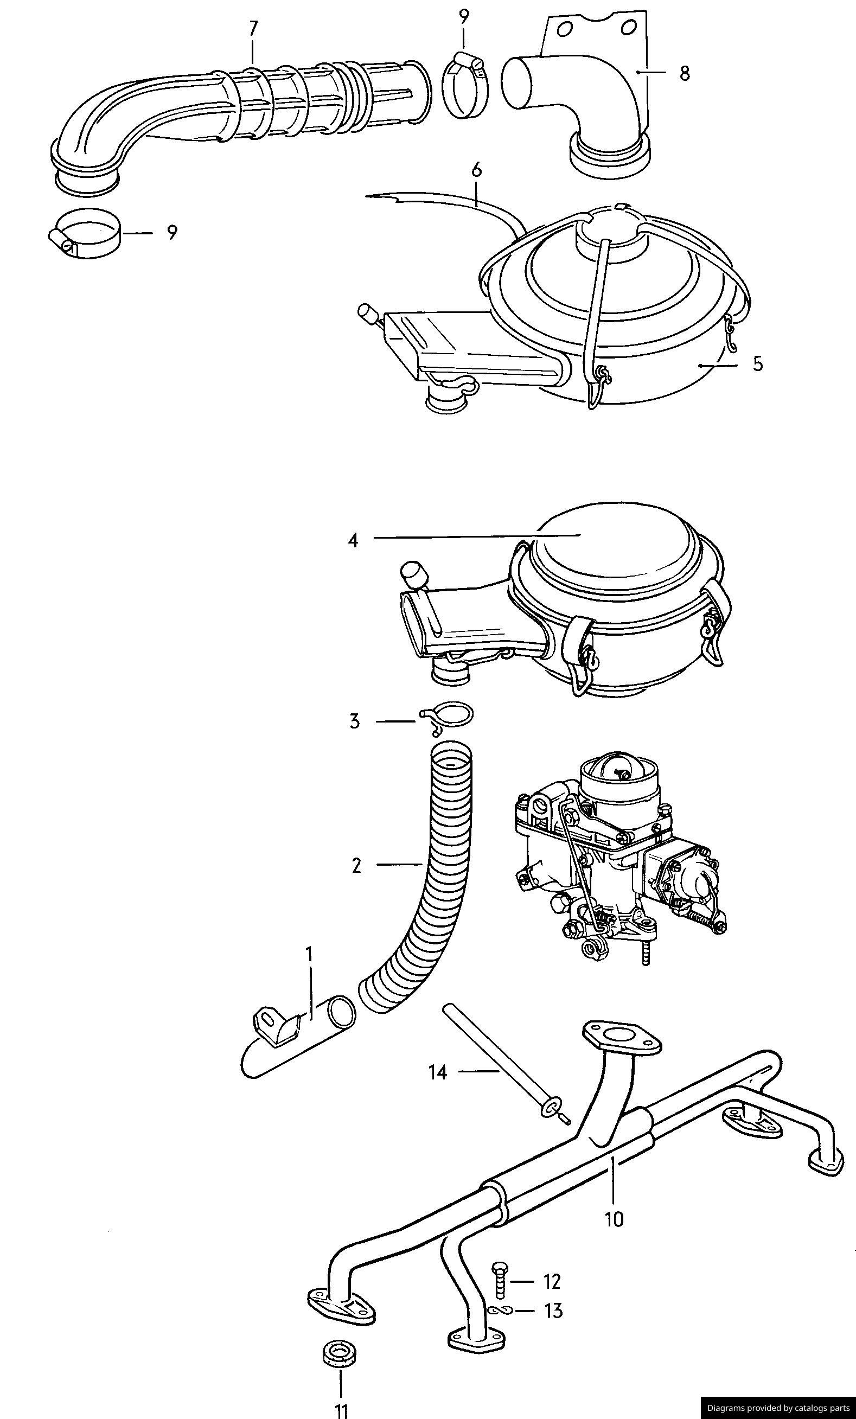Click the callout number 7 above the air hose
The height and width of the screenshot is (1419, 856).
coord(253,28)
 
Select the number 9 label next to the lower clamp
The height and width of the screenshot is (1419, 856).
coord(171,233)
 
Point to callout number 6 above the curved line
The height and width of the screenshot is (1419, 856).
coord(476,170)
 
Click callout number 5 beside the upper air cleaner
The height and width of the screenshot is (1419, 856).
coord(757,364)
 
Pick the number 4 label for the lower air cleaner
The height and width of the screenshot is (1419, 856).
coord(353,540)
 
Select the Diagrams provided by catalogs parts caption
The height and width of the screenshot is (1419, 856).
coord(778,1408)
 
